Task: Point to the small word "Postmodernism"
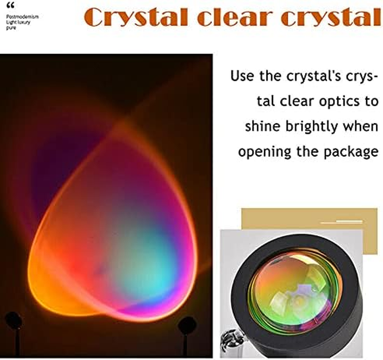coord(23,17)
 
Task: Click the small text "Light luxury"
coord(18,22)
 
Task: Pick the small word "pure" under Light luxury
coord(11,27)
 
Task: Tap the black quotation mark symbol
coord(10,6)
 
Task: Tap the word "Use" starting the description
coord(243,76)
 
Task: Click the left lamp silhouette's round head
coord(14,321)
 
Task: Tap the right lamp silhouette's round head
coord(186,324)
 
